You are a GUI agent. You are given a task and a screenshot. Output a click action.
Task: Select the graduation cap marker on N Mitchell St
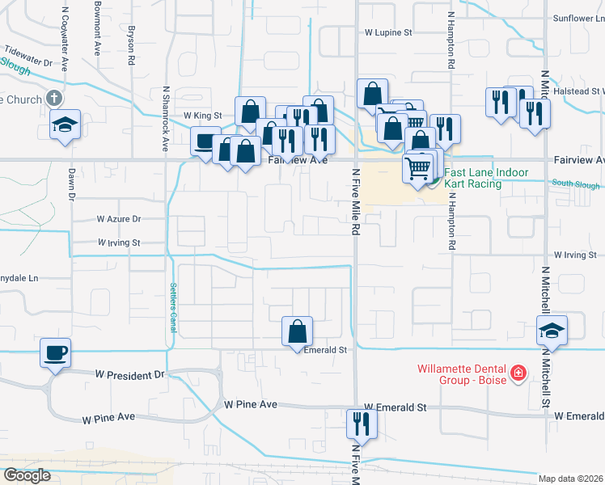pyautogui.click(x=552, y=331)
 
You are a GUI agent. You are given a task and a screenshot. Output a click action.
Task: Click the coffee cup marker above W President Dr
pyautogui.click(x=55, y=352)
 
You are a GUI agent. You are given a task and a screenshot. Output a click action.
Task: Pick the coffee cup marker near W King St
pyautogui.click(x=205, y=141)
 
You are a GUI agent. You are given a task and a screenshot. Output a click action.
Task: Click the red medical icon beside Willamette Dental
pyautogui.click(x=518, y=374)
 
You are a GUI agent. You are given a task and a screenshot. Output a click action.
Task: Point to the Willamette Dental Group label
pyautogui.click(x=462, y=374)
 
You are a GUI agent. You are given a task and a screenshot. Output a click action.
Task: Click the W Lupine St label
pyautogui.click(x=388, y=33)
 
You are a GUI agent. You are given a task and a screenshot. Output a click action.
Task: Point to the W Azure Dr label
pyautogui.click(x=119, y=219)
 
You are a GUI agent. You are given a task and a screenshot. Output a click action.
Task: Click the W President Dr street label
pyautogui.click(x=129, y=375)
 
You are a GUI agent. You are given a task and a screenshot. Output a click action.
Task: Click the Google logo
pyautogui.click(x=27, y=475)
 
